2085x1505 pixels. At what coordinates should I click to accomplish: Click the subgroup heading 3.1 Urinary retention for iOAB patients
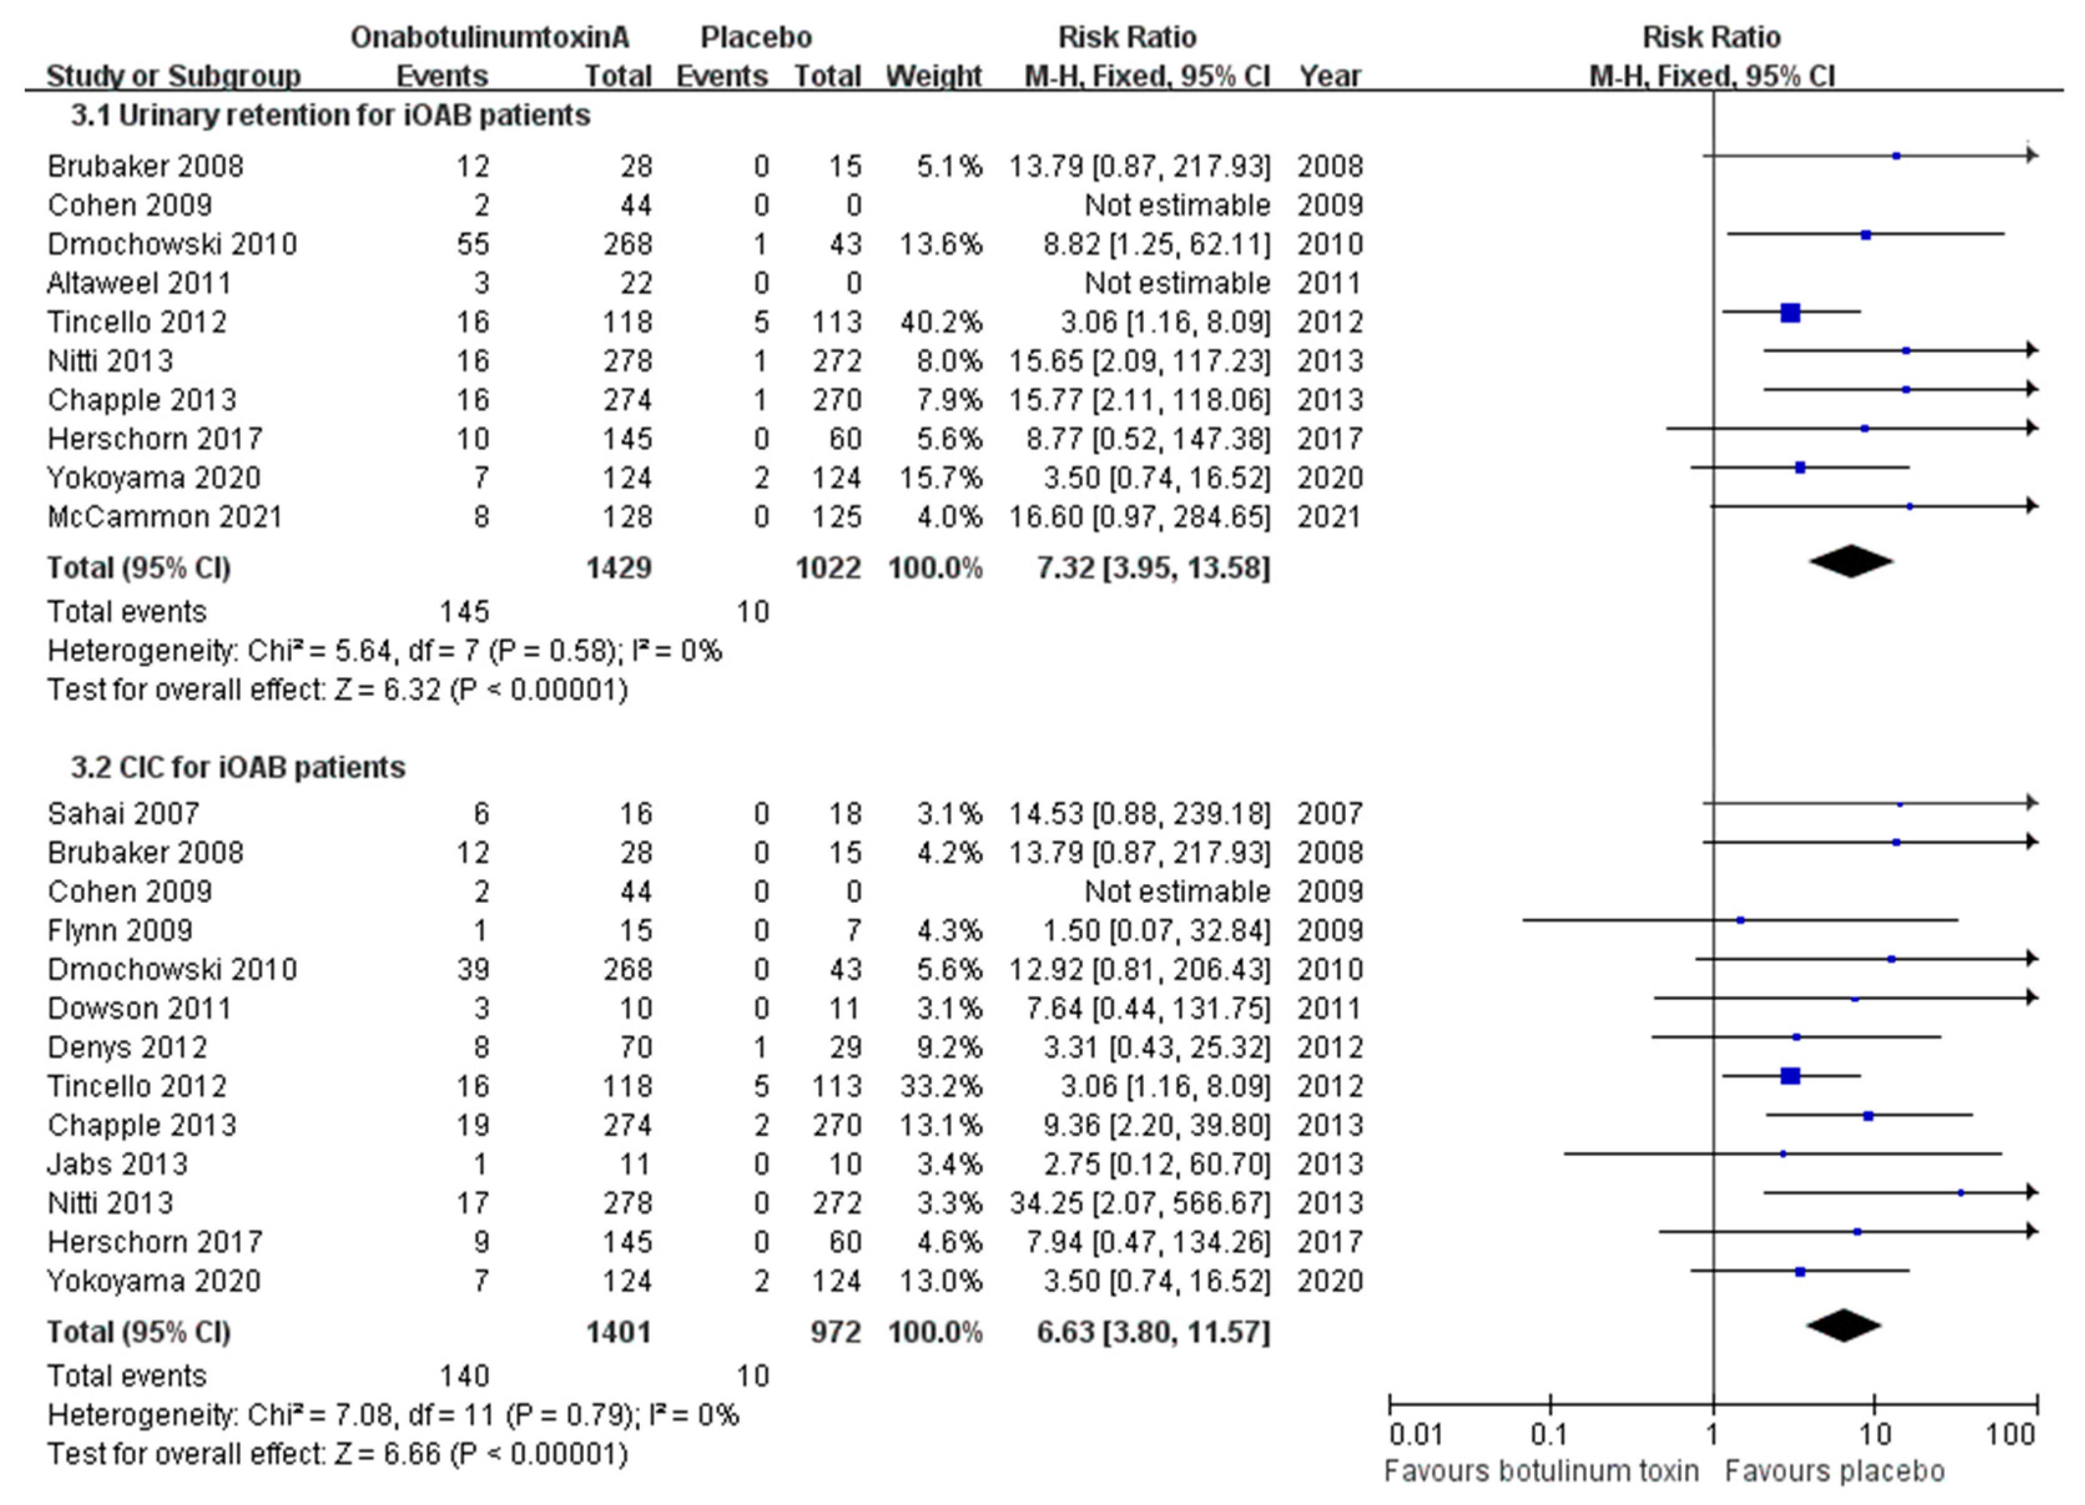pyautogui.click(x=331, y=116)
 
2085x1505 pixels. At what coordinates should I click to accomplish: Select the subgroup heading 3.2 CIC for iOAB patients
pyautogui.click(x=238, y=767)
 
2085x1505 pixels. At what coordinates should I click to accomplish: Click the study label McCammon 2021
pyautogui.click(x=165, y=517)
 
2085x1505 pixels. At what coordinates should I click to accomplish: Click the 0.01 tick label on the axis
pyautogui.click(x=1416, y=1435)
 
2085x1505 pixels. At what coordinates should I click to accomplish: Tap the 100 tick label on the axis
pyautogui.click(x=2011, y=1435)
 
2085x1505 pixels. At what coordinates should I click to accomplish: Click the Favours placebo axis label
pyautogui.click(x=1834, y=1471)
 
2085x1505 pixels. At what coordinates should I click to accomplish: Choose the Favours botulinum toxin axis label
pyautogui.click(x=1541, y=1471)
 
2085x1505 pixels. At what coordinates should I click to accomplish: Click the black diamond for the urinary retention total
pyautogui.click(x=1850, y=562)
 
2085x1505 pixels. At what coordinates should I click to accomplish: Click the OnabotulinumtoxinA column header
pyautogui.click(x=490, y=37)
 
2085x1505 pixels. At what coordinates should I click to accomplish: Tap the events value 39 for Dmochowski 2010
pyautogui.click(x=473, y=969)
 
